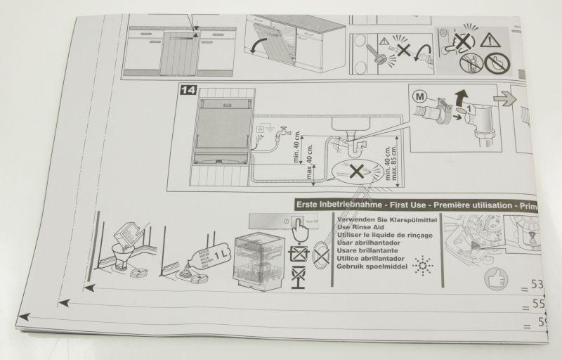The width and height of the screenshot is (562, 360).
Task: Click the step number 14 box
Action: tap(188, 90)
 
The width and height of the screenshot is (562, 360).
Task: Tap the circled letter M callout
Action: tap(420, 94)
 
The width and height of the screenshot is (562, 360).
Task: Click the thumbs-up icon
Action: tap(495, 278)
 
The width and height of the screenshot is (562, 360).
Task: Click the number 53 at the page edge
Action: tap(538, 285)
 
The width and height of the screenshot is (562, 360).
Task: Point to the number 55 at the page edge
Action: tap(538, 305)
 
